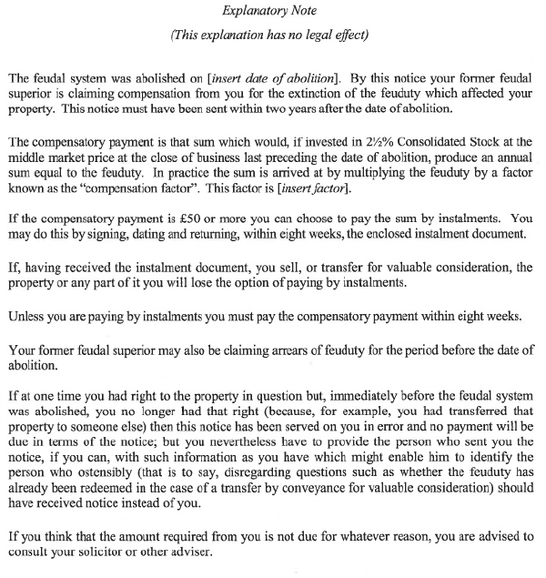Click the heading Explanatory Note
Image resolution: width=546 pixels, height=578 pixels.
coord(273,12)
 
